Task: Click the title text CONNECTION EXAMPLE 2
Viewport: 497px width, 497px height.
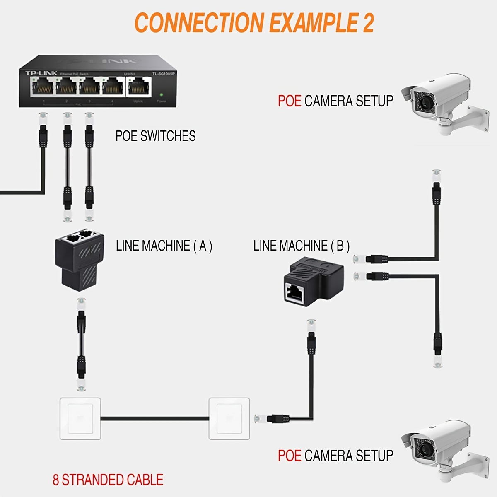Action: tap(254, 23)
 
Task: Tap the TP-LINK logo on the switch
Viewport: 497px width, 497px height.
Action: tap(41, 73)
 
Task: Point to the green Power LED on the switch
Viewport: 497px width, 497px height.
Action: tap(161, 94)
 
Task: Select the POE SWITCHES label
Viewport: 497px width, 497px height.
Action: tap(155, 136)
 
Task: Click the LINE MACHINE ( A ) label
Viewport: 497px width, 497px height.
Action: tap(164, 246)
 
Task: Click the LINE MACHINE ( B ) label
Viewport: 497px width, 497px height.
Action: tap(302, 246)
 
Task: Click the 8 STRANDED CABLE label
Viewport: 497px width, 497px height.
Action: tap(108, 480)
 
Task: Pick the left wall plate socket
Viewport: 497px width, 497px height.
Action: tap(80, 419)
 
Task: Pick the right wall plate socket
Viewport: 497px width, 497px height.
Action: tap(229, 419)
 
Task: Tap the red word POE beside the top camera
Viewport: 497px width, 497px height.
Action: tap(289, 101)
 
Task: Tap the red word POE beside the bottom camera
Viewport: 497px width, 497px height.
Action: tap(289, 456)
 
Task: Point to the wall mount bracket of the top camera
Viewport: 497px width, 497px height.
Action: tap(476, 116)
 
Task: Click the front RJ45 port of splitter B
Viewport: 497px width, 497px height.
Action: tap(294, 292)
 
